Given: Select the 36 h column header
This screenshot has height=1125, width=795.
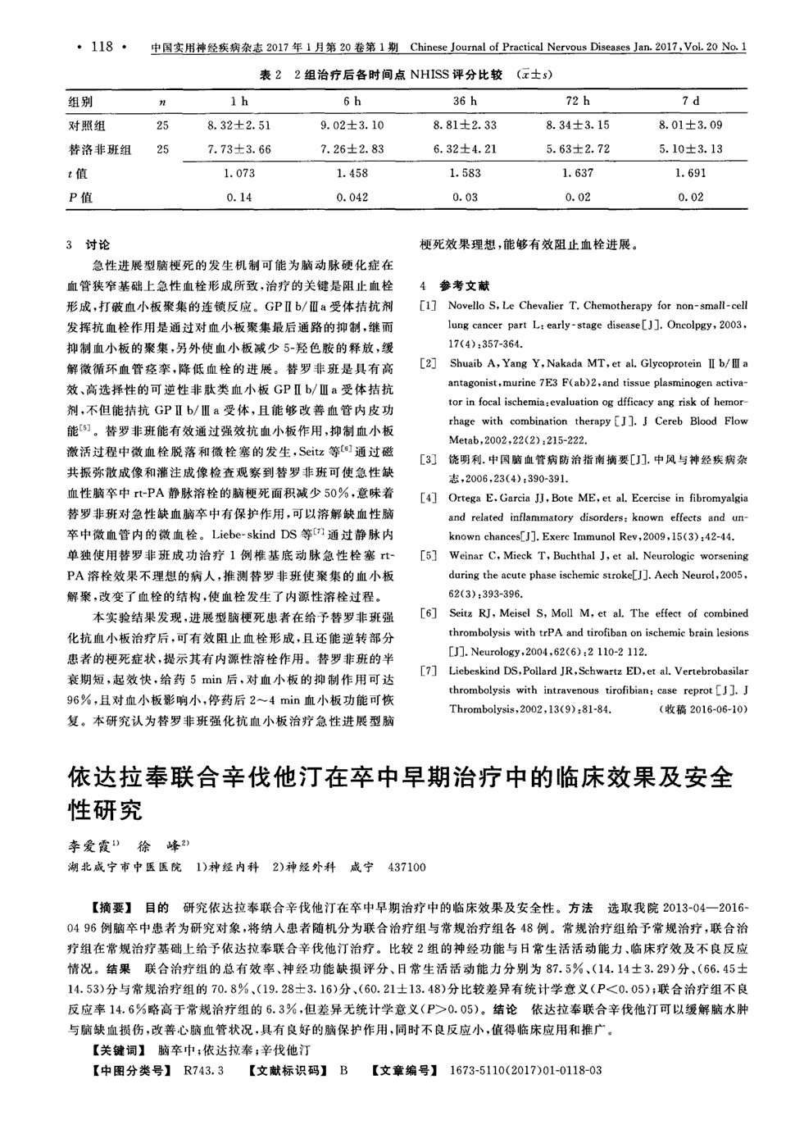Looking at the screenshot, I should coord(465,102).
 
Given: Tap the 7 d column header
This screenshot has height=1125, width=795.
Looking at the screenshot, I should coord(691,102).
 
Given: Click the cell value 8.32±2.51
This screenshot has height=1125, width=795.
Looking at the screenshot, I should coord(238,125).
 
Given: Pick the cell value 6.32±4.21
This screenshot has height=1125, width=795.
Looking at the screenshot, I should coord(465,149).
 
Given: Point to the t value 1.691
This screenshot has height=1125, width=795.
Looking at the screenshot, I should coord(691,173).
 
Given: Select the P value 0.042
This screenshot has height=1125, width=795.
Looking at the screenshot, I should coord(352,197).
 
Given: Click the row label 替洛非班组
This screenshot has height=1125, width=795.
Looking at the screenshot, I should coord(99,149).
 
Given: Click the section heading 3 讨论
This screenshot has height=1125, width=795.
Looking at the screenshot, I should coord(87,245).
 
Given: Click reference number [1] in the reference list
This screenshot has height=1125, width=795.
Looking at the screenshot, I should coord(428,306).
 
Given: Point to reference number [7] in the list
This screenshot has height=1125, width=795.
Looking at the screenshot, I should coord(428,671).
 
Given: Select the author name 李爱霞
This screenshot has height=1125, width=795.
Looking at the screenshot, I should coord(92,845).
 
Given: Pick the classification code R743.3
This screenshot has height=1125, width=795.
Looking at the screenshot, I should coord(204,1071).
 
